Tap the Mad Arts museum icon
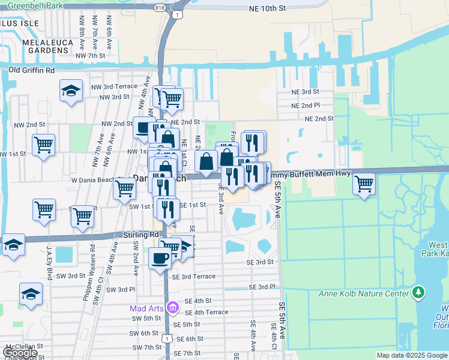[x=173, y=308]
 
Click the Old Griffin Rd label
[x=32, y=70]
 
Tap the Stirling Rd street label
[x=141, y=235]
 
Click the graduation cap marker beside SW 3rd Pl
[x=31, y=294]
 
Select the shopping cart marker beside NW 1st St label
[x=44, y=145]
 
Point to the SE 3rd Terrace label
[x=193, y=277]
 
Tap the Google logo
[x=20, y=353]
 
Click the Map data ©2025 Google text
[x=412, y=355]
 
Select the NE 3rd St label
[x=305, y=92]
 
